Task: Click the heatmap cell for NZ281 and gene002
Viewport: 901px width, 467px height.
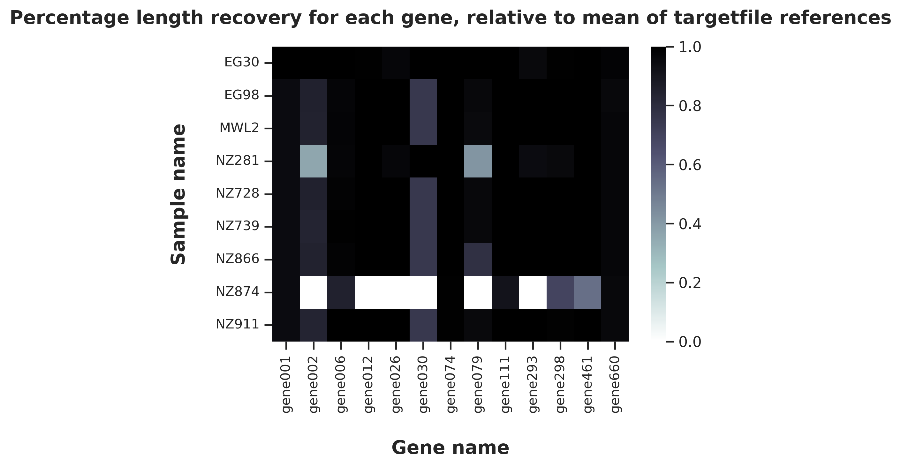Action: click(x=314, y=161)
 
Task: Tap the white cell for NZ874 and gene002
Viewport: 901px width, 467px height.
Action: click(x=314, y=292)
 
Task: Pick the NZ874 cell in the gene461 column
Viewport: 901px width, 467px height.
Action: click(x=587, y=292)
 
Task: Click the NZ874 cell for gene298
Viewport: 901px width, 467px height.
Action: click(x=560, y=292)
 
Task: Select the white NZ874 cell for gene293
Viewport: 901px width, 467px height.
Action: click(x=533, y=292)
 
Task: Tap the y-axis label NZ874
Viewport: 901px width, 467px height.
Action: click(x=238, y=292)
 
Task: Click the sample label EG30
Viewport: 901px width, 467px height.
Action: click(x=242, y=63)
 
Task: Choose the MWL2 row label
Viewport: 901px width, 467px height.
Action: click(x=239, y=128)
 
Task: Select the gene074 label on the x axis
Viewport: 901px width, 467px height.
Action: click(x=450, y=384)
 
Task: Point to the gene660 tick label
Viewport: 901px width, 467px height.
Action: click(x=615, y=384)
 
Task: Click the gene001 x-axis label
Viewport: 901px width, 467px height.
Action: click(x=286, y=384)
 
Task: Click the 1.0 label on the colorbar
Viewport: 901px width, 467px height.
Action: click(x=690, y=48)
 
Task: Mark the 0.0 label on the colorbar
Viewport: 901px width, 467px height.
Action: click(x=690, y=342)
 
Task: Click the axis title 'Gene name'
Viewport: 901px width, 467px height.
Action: click(x=450, y=448)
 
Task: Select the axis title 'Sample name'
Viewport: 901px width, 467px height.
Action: click(x=178, y=194)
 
